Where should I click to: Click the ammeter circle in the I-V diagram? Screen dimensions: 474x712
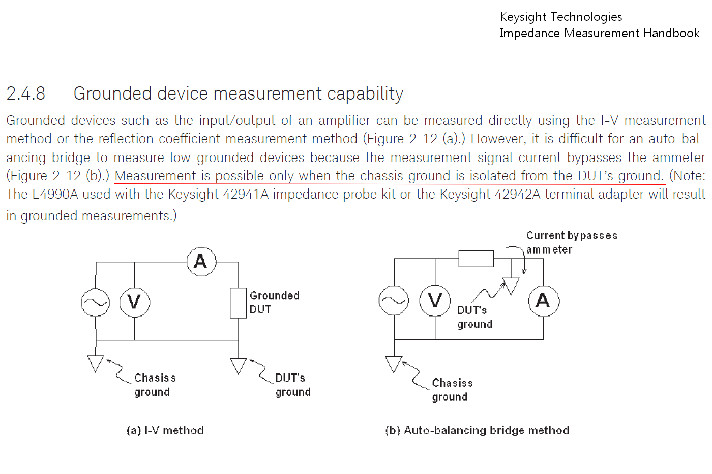pos(201,261)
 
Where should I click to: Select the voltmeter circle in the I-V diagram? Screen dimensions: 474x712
pos(134,302)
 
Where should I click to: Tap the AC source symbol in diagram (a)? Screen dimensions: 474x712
pos(96,302)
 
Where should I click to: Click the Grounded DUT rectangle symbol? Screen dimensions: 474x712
pos(238,303)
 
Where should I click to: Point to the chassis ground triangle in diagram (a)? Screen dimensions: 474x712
pos(96,363)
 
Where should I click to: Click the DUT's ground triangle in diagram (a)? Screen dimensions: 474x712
pos(238,365)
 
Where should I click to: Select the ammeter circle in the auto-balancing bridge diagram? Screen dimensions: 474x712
pos(543,301)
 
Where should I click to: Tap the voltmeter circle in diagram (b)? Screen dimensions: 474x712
pos(435,301)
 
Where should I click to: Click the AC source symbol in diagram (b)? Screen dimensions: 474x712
pos(394,300)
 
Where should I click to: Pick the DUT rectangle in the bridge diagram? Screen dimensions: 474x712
pos(476,259)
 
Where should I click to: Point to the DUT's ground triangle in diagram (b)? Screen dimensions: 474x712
pos(511,285)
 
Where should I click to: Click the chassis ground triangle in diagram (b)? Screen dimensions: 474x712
pos(394,363)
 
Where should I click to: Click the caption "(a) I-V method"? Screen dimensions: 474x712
pos(165,431)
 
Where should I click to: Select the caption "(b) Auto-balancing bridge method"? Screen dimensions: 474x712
pos(477,431)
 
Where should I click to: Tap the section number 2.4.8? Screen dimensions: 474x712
pos(26,93)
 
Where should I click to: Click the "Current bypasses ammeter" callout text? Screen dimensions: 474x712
pos(571,242)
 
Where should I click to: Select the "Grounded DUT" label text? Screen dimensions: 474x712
pos(274,302)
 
